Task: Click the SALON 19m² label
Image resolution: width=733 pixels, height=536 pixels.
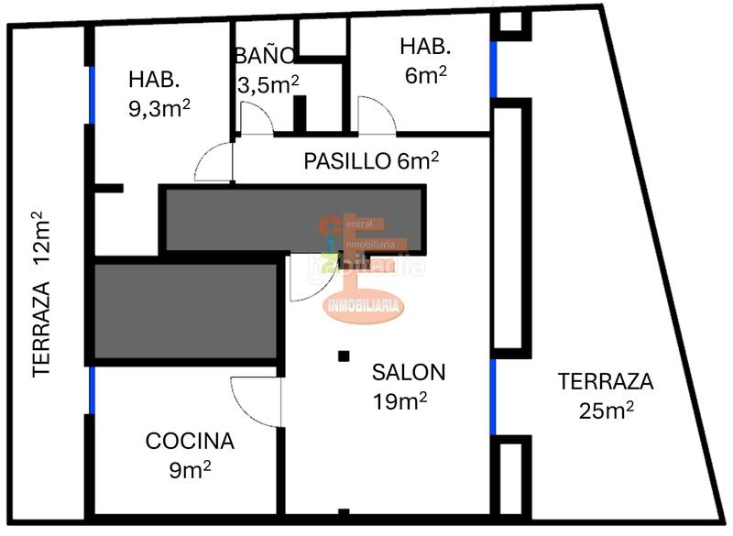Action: pos(409,386)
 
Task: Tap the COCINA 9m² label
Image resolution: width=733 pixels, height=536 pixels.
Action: pos(190,454)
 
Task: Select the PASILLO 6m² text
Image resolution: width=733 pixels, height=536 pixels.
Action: pos(370,161)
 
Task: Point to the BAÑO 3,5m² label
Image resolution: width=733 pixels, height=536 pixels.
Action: pos(266,71)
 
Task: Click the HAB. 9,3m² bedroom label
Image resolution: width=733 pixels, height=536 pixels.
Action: pos(159,93)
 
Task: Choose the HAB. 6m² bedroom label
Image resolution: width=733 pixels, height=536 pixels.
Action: pos(424,60)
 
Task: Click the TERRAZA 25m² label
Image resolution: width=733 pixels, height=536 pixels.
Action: pos(605,394)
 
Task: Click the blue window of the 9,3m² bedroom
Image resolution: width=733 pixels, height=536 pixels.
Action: pos(91,93)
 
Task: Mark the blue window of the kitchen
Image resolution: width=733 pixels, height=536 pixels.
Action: pos(91,389)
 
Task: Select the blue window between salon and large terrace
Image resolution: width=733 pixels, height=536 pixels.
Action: pos(492,397)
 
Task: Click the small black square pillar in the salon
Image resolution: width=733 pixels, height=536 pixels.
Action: pos(343,356)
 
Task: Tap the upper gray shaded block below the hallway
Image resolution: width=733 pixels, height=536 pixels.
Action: pos(293,220)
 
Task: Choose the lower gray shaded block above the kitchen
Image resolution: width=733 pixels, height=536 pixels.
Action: pos(183,312)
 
